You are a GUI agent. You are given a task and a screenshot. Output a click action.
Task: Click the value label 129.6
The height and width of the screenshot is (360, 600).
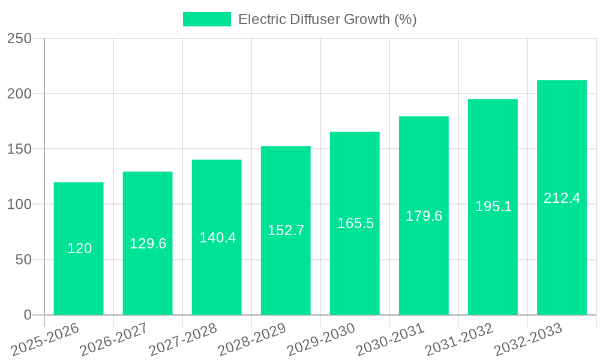coord(148,244)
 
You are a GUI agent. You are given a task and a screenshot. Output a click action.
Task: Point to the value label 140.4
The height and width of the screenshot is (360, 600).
coord(217,238)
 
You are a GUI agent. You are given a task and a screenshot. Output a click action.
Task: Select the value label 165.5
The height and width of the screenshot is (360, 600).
coord(355,223)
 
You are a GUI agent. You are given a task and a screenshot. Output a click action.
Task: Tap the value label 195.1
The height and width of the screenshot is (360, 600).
coord(493,206)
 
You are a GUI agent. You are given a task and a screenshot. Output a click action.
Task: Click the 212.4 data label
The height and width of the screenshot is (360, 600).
coord(562,198)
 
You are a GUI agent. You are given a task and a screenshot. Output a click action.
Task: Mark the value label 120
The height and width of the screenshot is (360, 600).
coord(79,248)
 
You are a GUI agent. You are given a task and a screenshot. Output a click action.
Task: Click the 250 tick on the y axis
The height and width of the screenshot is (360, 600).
coord(19,38)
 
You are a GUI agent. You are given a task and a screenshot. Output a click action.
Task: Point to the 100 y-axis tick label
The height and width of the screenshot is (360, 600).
coord(19,205)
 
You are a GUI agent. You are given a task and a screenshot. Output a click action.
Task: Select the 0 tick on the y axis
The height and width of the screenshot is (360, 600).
coord(27,315)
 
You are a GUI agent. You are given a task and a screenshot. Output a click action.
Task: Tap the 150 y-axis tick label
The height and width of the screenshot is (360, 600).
coord(19,149)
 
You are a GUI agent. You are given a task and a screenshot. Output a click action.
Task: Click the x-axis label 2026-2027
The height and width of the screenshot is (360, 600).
coord(115,339)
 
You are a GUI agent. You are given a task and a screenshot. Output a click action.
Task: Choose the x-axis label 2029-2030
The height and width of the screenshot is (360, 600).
coord(322,339)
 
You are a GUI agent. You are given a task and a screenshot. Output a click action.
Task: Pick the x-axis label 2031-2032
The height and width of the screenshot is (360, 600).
coord(460,339)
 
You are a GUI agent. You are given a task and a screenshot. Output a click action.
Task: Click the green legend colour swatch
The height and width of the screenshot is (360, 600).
coord(206,19)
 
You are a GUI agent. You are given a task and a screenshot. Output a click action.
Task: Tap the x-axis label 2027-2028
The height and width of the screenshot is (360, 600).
coord(184,339)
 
